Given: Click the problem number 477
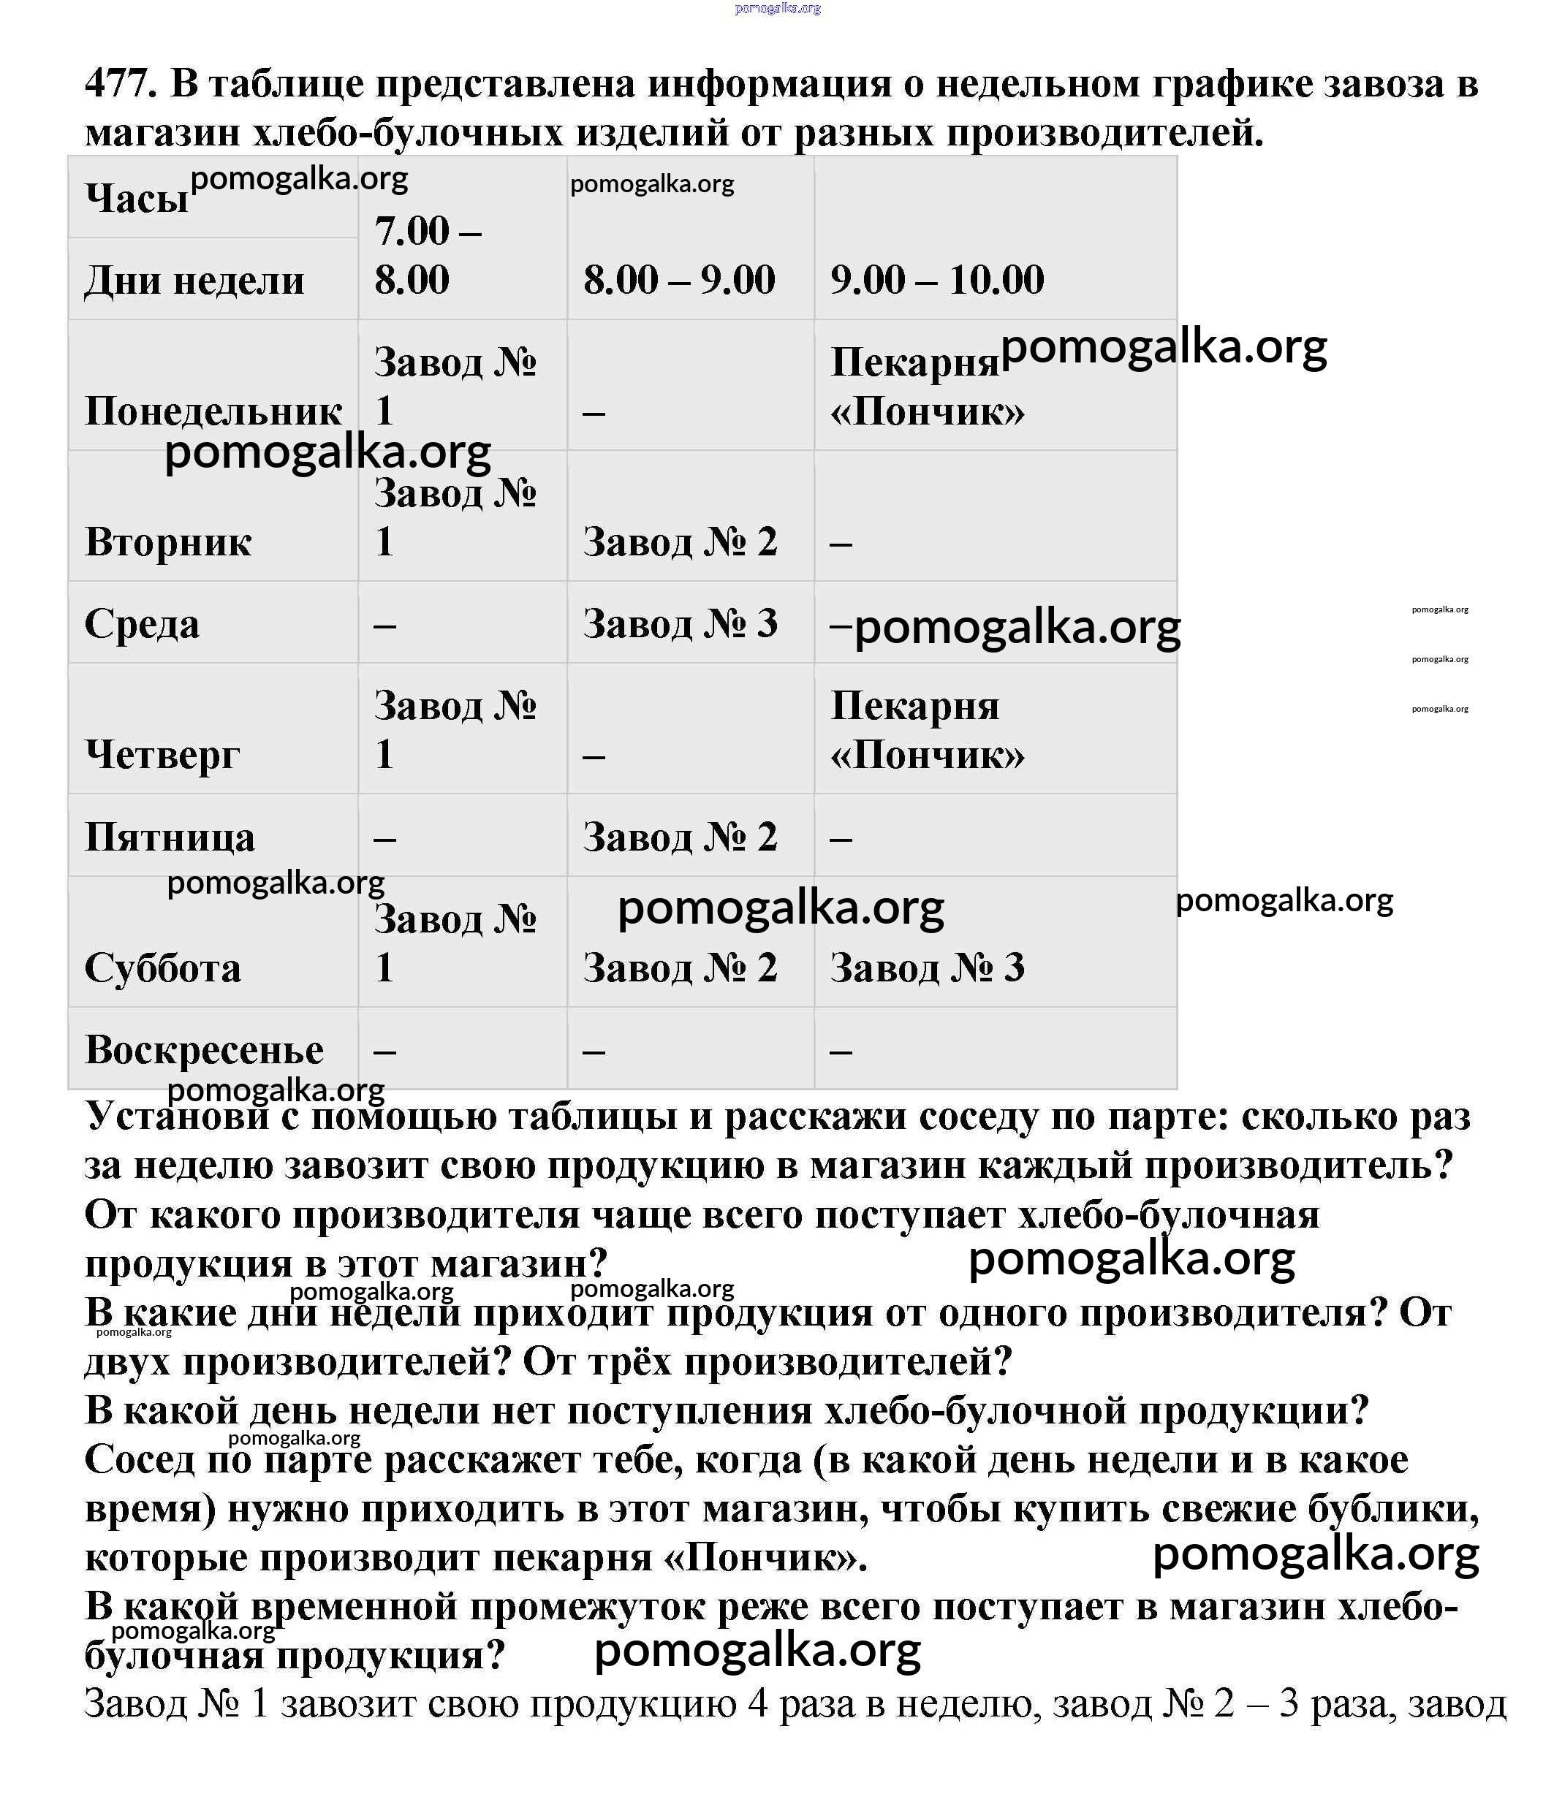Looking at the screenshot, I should [120, 84].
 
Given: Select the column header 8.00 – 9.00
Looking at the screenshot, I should [678, 280].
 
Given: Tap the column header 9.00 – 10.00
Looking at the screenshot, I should [936, 280].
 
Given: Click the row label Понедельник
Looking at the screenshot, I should [213, 411].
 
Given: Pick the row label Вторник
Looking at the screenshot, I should [168, 541].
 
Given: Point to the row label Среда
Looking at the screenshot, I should [142, 623].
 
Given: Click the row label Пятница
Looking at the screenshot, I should [170, 837].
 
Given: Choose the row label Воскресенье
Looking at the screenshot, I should [204, 1050].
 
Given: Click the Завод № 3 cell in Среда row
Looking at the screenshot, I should [680, 623].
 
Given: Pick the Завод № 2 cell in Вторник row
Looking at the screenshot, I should [680, 541].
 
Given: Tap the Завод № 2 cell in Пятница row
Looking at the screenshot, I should [680, 837].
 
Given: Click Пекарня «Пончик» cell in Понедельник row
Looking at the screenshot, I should [927, 386].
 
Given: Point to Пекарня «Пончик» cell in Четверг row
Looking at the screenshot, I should [927, 730].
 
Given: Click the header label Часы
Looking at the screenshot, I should [137, 198].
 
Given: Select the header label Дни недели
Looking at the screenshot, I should [194, 280].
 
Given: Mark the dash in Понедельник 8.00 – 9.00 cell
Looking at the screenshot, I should [594, 412].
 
